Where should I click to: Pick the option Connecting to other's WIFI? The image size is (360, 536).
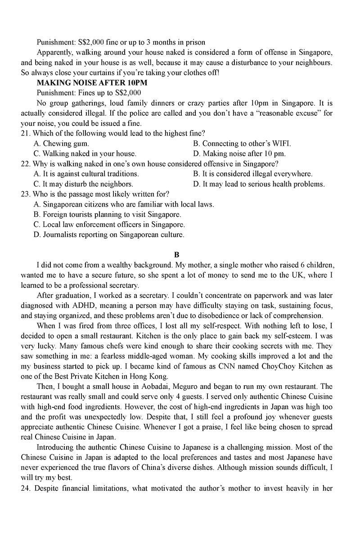click(242, 144)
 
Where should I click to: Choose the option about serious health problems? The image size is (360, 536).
click(259, 184)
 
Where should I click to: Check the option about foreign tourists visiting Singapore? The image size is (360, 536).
click(108, 214)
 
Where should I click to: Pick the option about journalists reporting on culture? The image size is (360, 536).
click(109, 234)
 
